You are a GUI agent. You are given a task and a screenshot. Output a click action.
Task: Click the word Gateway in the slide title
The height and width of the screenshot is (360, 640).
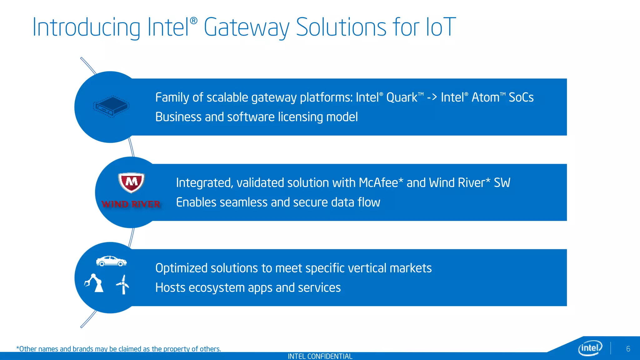247,27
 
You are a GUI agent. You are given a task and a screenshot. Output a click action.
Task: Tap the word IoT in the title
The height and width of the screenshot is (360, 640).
441,27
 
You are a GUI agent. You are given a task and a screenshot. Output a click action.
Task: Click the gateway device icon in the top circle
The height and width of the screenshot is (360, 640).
111,107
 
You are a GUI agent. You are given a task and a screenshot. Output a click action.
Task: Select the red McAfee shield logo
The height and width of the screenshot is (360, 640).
131,182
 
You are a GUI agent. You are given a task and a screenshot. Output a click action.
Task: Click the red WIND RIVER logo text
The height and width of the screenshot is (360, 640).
131,204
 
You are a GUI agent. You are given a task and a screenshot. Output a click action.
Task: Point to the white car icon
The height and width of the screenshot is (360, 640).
111,261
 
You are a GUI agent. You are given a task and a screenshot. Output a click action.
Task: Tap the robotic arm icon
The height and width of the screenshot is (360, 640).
94,283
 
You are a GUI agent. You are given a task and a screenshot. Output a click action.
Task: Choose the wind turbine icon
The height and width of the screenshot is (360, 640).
123,284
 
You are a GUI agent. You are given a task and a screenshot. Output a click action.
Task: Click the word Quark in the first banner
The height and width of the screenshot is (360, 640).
402,97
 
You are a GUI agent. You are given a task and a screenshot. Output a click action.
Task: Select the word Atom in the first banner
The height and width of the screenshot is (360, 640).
485,97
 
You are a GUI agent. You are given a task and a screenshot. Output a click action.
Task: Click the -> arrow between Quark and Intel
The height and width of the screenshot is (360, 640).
432,97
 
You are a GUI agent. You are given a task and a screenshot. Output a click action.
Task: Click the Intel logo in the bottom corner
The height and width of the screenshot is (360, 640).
590,348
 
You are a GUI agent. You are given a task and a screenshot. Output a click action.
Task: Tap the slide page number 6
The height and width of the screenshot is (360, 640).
628,349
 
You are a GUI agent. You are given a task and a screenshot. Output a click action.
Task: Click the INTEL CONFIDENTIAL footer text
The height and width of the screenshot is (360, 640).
320,356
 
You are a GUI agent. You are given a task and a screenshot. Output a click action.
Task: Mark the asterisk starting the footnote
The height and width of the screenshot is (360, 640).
17,348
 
